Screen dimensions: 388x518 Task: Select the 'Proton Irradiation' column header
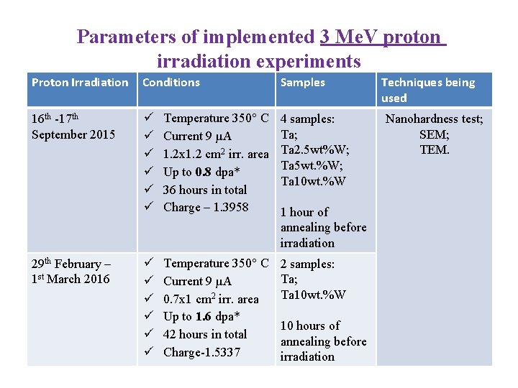click(x=80, y=83)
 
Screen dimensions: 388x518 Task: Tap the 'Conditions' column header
click(x=171, y=83)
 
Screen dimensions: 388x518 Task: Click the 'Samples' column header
click(x=302, y=83)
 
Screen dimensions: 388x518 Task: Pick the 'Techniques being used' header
click(x=428, y=90)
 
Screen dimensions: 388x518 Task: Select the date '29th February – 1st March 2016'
click(x=72, y=272)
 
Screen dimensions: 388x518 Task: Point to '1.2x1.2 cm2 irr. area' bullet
click(x=216, y=154)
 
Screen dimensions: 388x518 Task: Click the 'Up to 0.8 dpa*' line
click(x=201, y=172)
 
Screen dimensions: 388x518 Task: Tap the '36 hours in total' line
click(x=205, y=190)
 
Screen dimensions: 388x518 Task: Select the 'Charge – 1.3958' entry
click(x=206, y=208)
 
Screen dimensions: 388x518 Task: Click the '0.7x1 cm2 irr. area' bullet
click(x=211, y=299)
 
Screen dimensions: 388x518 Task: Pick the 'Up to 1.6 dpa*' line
click(x=201, y=317)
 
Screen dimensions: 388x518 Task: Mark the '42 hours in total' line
click(x=205, y=334)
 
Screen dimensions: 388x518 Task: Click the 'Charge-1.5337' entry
click(x=201, y=352)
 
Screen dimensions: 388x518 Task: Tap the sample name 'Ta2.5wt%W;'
click(x=315, y=149)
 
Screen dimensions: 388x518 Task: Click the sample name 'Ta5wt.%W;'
click(x=312, y=165)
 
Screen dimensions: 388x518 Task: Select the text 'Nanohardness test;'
click(x=434, y=119)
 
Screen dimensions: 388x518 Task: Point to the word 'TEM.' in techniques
click(x=434, y=149)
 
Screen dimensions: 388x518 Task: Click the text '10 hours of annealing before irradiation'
click(x=323, y=341)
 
